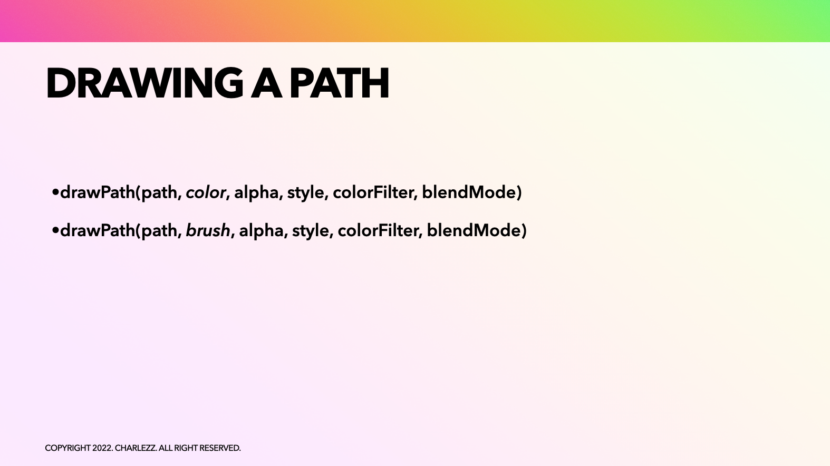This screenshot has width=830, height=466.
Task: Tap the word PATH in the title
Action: tap(340, 83)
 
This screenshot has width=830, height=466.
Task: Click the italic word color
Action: tap(206, 192)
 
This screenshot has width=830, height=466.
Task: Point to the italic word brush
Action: tap(208, 230)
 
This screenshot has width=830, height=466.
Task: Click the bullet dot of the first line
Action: tap(55, 192)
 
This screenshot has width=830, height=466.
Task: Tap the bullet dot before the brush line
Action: tap(55, 230)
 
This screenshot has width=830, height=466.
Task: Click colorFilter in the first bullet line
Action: tap(375, 192)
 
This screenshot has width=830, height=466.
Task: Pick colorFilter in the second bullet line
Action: tap(380, 230)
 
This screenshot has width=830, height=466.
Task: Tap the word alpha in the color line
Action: tap(257, 192)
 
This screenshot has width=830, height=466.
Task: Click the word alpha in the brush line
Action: tap(262, 230)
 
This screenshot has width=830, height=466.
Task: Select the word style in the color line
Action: tap(306, 192)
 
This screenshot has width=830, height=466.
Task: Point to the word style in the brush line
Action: tap(311, 230)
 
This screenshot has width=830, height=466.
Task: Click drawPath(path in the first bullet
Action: tap(120, 192)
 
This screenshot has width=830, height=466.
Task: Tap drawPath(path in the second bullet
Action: tap(120, 230)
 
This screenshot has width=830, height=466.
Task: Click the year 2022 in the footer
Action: tap(102, 448)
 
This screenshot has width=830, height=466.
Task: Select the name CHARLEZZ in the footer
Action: tap(135, 448)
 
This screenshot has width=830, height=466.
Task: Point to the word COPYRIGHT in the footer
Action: tap(67, 448)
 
